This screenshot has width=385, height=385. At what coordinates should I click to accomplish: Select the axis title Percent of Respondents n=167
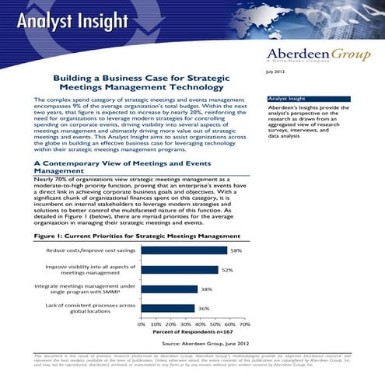[x=194, y=332]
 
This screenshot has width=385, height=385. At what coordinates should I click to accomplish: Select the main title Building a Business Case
[x=139, y=83]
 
